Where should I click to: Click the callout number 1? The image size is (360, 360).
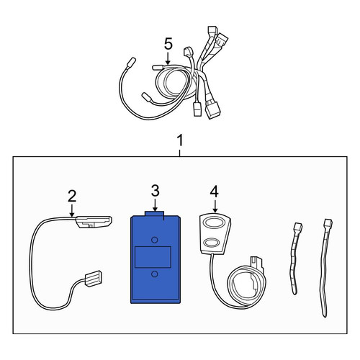[180, 140]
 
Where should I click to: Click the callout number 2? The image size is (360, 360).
[72, 196]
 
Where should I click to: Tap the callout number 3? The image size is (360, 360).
[156, 191]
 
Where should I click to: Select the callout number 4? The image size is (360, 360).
[215, 192]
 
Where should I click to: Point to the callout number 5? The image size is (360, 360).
[168, 44]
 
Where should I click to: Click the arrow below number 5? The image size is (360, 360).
[168, 58]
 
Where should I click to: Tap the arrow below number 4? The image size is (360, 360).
[215, 206]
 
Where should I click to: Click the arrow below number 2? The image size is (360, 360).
[72, 210]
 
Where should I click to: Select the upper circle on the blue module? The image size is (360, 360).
[155, 240]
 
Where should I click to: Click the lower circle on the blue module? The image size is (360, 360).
[155, 274]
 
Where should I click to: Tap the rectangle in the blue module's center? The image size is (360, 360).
[153, 257]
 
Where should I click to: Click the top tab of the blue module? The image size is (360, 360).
[154, 214]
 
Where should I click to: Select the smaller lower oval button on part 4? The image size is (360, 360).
[212, 243]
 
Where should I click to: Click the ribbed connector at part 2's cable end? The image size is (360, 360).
[93, 279]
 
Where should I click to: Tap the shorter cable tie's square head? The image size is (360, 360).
[298, 227]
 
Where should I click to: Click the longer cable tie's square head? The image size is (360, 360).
[328, 223]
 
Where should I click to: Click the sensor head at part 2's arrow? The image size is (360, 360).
[94, 221]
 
